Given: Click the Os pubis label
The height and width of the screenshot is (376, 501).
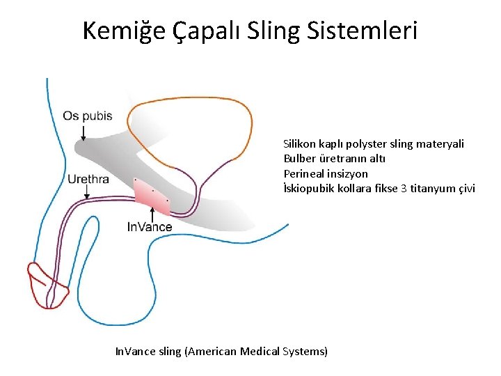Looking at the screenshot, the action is point(87,116).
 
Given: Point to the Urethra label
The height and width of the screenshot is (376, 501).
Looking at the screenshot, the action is point(88,179).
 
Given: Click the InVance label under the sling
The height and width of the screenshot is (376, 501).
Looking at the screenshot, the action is point(150,226).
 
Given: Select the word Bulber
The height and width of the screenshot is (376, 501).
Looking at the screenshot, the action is point(300,159).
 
